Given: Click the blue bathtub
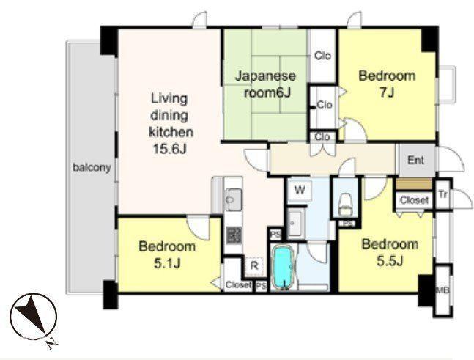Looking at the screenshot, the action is coord(284,268).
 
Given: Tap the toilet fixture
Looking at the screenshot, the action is coord(346,204).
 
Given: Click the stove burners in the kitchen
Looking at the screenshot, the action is coord(234,235).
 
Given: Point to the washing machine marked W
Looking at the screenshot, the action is coord(300,191).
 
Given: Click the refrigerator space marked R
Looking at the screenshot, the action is coord(254,266).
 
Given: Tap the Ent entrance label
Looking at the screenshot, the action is coord(415,160).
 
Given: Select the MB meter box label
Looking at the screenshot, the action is coord(442,290).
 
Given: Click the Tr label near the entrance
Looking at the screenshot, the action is coord(442,195).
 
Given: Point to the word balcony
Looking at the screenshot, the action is coord(92,167).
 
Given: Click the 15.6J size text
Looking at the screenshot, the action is coord(169,149).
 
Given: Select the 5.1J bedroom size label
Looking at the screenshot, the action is coord(167,264).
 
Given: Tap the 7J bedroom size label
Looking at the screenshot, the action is coord(387,92).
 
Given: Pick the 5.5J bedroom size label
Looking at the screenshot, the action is coord(390,261).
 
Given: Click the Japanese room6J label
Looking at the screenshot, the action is coord(266,84).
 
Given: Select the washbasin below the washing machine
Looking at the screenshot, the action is coord(295,223).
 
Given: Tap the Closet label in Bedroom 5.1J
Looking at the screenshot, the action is coord(238,284).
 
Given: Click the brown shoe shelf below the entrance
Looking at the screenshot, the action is coord(413,184).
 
